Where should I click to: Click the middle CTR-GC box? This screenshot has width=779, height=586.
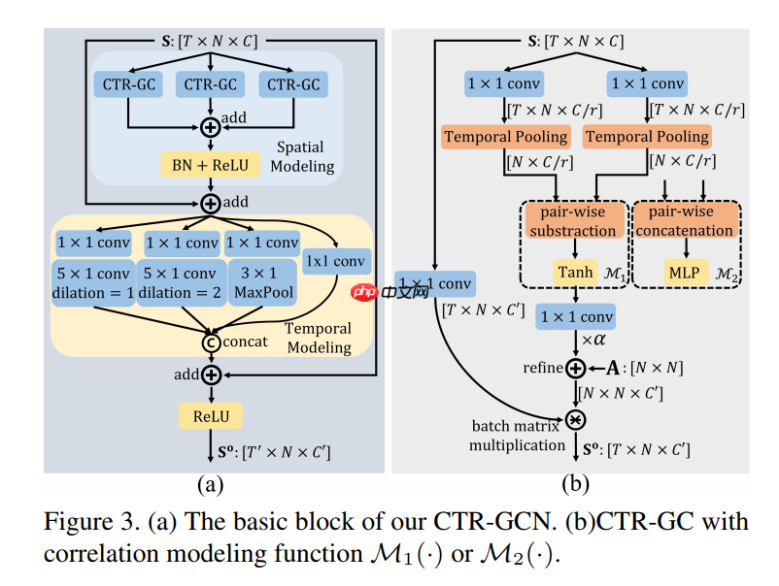pos(211,84)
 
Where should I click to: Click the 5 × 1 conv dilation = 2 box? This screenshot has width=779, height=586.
pos(181,281)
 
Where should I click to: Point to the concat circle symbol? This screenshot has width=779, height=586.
pos(210,342)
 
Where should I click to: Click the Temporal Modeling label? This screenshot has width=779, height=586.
pos(319,338)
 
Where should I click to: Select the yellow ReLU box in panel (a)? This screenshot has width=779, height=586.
pos(210,415)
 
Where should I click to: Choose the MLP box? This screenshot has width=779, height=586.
pos(684,275)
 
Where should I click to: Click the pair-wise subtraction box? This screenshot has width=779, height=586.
pos(573,221)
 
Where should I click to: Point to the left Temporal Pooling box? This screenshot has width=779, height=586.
pos(504,137)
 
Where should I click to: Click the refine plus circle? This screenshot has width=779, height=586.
pos(574,368)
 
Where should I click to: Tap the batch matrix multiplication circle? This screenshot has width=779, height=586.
pos(574,419)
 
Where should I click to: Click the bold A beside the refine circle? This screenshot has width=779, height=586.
pos(613,368)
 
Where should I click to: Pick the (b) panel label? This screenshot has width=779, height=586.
pos(574,482)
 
